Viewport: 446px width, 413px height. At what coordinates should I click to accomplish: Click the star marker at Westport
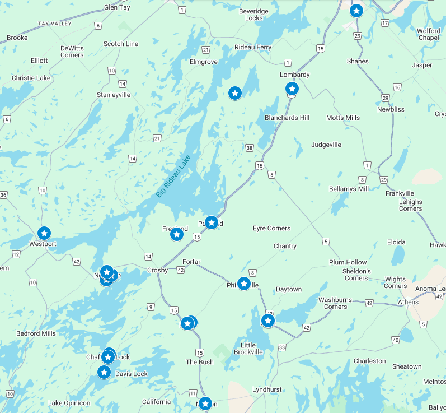44,233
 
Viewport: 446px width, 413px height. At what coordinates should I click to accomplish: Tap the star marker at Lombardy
292,89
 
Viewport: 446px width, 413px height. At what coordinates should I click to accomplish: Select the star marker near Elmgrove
235,93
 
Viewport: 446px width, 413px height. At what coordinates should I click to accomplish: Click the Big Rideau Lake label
173,176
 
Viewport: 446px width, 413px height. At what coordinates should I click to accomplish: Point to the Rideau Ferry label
252,48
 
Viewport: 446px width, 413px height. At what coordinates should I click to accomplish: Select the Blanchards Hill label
287,118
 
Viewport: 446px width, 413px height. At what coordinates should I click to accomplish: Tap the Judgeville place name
326,145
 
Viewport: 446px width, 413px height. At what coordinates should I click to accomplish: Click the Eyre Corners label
271,229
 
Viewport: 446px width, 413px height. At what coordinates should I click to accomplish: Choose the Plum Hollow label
348,262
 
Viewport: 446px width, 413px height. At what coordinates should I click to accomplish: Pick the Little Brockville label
248,349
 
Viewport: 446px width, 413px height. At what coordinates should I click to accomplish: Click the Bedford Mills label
36,333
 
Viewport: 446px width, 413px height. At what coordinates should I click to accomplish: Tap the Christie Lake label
31,78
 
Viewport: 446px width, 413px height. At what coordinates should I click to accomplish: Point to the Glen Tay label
118,8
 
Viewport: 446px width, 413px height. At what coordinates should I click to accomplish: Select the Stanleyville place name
114,95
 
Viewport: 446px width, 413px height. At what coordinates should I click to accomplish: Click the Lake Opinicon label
69,403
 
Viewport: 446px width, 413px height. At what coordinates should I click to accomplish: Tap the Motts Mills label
343,118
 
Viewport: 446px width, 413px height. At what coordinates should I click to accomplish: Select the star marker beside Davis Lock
104,372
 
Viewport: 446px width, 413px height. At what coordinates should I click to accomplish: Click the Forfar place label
191,262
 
